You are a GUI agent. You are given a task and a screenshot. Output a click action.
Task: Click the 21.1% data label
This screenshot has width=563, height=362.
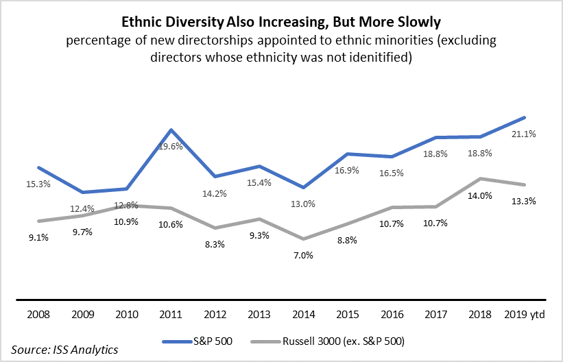click(x=523, y=134)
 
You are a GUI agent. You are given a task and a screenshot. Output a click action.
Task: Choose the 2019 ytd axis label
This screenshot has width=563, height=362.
click(x=523, y=317)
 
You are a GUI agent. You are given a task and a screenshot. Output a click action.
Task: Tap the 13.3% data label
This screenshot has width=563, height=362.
click(x=523, y=201)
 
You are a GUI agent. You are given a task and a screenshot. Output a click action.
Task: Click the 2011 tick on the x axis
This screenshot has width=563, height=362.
click(x=171, y=317)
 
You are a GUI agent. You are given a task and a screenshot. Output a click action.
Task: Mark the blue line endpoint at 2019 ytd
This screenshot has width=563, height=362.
click(x=524, y=117)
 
